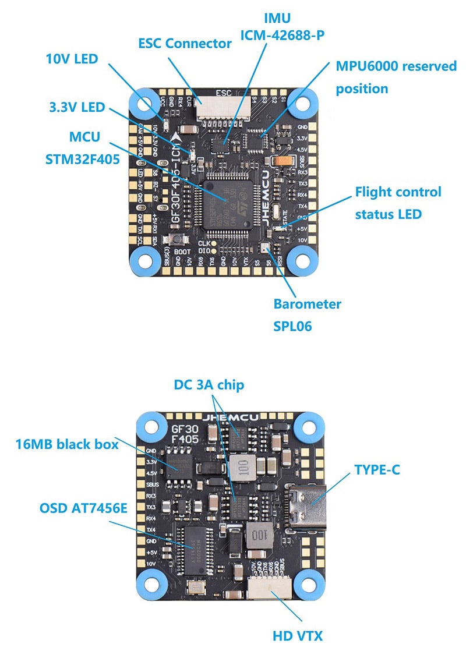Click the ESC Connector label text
[185, 43]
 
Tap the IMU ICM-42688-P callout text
[283, 27]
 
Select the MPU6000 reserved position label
[396, 77]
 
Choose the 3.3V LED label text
[76, 107]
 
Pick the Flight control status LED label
[398, 203]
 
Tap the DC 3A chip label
[209, 385]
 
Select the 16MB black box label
[67, 444]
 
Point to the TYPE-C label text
[377, 469]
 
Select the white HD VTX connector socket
[271, 585]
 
